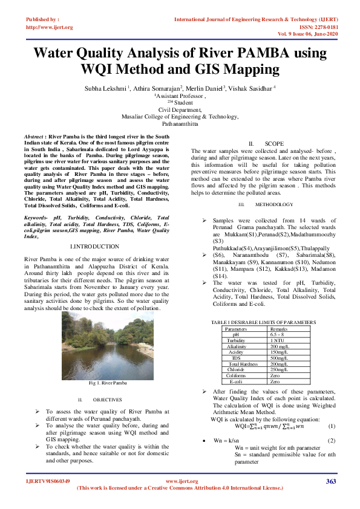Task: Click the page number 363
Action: pyautogui.click(x=330, y=481)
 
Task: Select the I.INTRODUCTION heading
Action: pyautogui.click(x=95, y=247)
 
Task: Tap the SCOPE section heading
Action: pyautogui.click(x=274, y=143)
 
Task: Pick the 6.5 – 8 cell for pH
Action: pyautogui.click(x=278, y=335)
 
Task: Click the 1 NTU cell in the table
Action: pyautogui.click(x=277, y=341)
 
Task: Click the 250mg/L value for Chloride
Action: pyautogui.click(x=278, y=369)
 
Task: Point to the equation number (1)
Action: pyautogui.click(x=332, y=426)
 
